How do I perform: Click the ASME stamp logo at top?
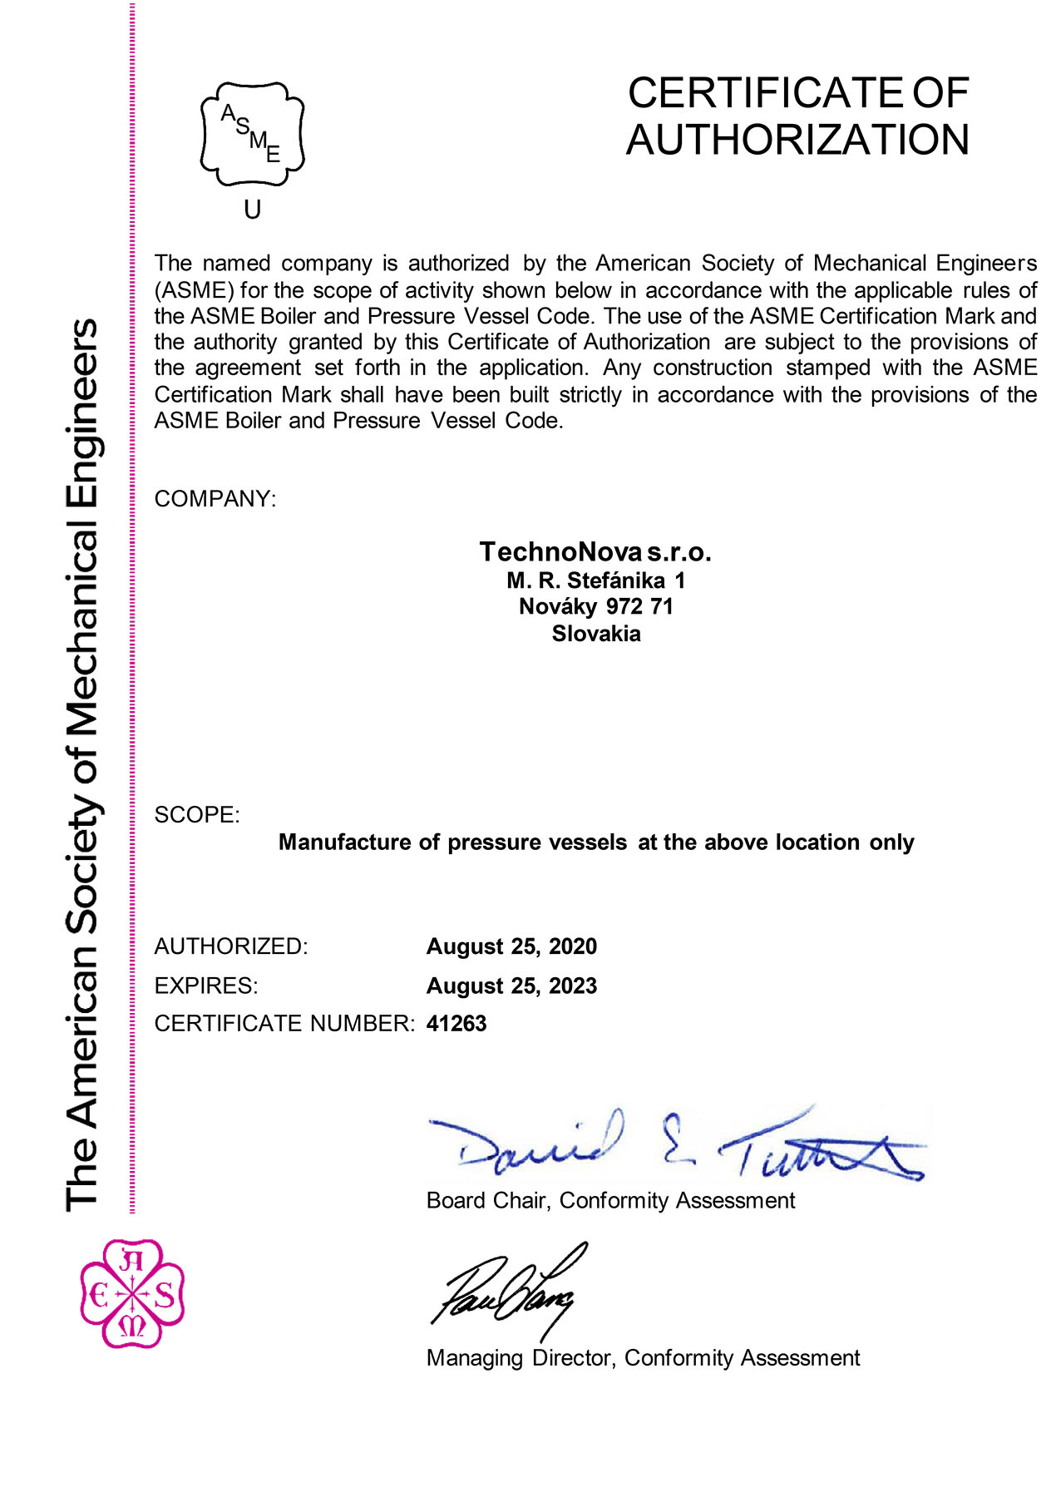[x=252, y=133]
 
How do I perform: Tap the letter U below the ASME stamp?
[x=253, y=210]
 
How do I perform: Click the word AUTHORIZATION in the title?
[x=797, y=140]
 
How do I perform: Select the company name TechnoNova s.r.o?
[x=595, y=551]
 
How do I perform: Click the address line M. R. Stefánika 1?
[x=595, y=581]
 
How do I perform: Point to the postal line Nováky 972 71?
[x=595, y=606]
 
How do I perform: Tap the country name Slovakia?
[x=596, y=634]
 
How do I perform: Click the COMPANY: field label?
[x=215, y=499]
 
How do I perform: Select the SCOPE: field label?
[x=197, y=815]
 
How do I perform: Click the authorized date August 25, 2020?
[x=511, y=946]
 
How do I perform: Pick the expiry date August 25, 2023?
[x=511, y=986]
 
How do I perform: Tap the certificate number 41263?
[x=456, y=1023]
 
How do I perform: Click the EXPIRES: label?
[x=206, y=986]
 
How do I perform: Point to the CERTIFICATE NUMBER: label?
[x=284, y=1023]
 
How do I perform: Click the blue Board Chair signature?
[x=674, y=1144]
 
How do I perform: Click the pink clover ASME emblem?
[x=132, y=1294]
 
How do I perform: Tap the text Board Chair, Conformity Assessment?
[x=610, y=1200]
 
